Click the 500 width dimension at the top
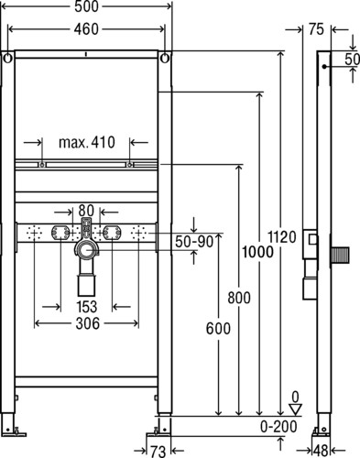(87, 6)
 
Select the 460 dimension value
(86, 29)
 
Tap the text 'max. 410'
(87, 142)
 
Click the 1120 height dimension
(282, 236)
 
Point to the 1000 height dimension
(257, 252)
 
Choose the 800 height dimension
(239, 298)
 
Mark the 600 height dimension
(218, 329)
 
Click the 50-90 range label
(194, 242)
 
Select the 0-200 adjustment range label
(278, 427)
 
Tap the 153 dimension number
(87, 307)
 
